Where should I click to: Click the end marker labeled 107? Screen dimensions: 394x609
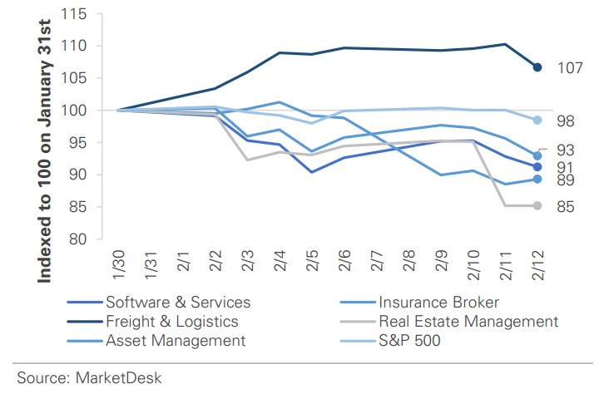537,67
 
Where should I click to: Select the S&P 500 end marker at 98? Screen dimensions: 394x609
537,120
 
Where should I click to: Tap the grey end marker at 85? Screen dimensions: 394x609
537,205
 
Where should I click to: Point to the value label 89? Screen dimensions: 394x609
566,180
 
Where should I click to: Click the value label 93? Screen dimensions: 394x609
566,150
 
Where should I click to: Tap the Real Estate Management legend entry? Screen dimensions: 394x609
468,321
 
